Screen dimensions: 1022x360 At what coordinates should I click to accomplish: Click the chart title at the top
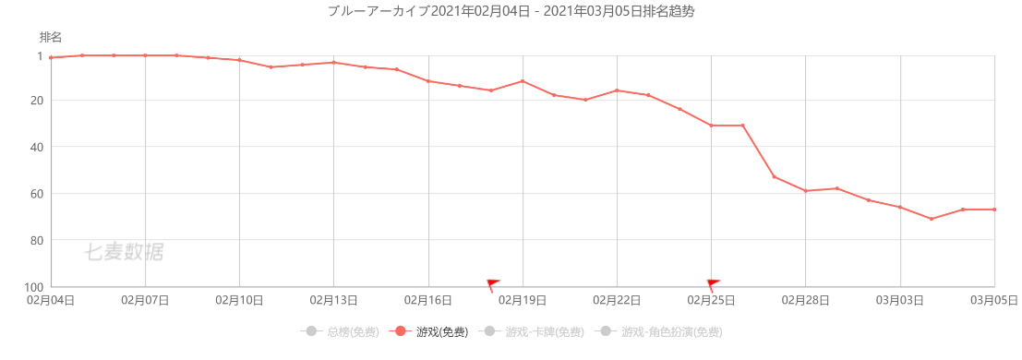(x=511, y=12)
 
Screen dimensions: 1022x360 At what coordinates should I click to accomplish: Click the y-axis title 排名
(x=51, y=37)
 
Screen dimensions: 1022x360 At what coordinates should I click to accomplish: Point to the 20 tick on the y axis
(x=36, y=101)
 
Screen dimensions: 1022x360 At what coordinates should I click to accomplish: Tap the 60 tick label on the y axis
(x=36, y=194)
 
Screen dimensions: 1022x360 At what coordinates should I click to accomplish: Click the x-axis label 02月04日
(x=51, y=301)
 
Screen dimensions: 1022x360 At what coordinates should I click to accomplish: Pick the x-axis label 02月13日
(x=333, y=301)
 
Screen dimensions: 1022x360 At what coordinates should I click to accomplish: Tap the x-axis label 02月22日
(x=617, y=301)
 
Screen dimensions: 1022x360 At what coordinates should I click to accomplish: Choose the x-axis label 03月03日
(x=900, y=301)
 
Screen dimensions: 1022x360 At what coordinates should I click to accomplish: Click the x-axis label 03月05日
(x=994, y=301)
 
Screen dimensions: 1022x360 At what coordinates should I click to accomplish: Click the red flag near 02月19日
(x=493, y=285)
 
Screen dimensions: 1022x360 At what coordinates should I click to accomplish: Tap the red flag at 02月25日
(x=713, y=285)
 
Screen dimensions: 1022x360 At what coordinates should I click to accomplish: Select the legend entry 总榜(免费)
(x=340, y=332)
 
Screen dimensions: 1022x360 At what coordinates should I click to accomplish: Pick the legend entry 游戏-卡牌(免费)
(x=531, y=332)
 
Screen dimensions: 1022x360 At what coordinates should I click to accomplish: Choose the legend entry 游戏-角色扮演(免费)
(x=658, y=332)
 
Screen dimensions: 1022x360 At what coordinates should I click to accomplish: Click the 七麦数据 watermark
(x=124, y=252)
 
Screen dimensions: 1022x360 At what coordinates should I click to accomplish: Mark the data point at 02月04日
(x=51, y=58)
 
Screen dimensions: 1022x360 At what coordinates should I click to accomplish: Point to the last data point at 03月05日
(x=994, y=210)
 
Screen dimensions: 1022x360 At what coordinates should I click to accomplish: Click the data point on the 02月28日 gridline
(x=806, y=190)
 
